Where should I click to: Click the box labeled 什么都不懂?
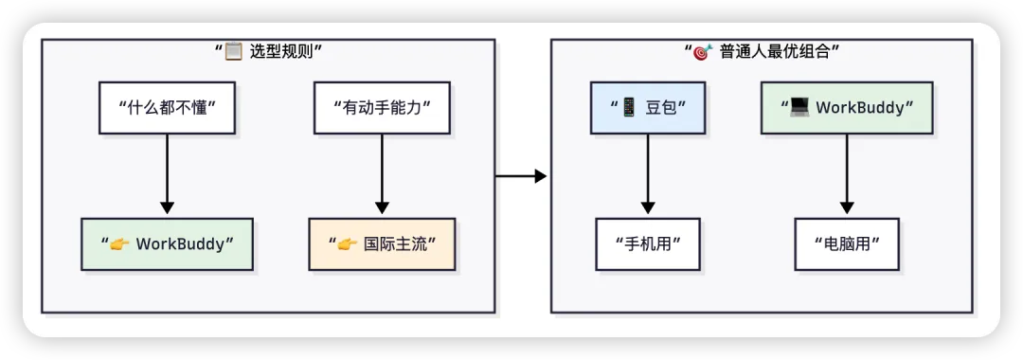tap(167, 108)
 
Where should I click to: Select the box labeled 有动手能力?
tap(382, 108)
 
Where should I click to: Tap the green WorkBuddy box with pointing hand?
tap(167, 243)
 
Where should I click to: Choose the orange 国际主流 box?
tap(382, 243)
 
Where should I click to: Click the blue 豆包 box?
tap(648, 108)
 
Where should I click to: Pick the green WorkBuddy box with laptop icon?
tap(847, 108)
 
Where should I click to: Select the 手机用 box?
tap(648, 243)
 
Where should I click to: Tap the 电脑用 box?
tap(847, 243)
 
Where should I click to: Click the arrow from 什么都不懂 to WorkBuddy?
tap(167, 174)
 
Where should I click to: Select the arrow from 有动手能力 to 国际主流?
tap(382, 174)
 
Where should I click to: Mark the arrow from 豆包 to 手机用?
tap(648, 174)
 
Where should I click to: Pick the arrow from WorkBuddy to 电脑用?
tap(847, 174)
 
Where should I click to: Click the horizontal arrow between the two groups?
tap(521, 176)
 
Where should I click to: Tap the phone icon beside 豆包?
tap(629, 107)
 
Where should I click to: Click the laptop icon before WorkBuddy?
tap(799, 107)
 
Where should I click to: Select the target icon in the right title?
tap(703, 51)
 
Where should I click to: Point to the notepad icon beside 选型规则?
tap(234, 51)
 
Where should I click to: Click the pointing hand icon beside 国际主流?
tap(347, 243)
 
